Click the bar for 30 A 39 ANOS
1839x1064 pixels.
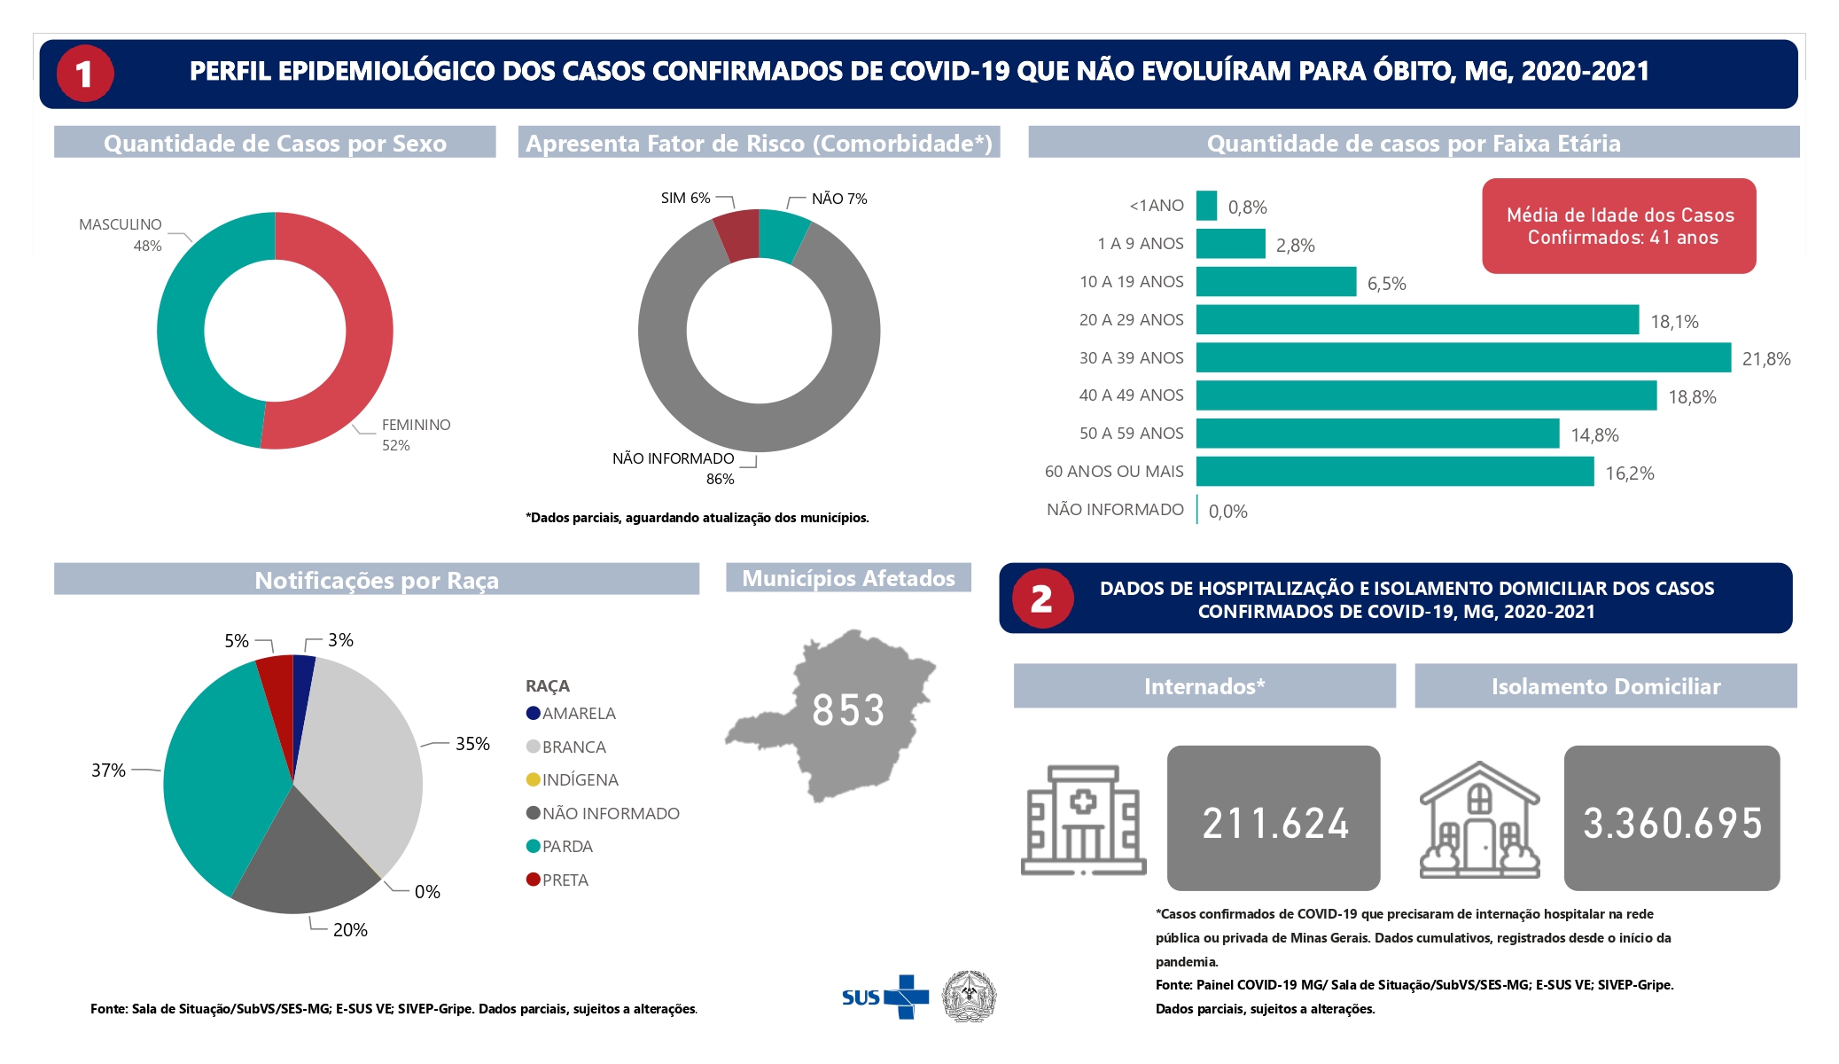click(x=1463, y=357)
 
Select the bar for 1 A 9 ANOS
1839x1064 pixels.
click(x=1231, y=244)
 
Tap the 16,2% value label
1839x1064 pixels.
click(x=1630, y=473)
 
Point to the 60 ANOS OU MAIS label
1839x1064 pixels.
click(x=1114, y=472)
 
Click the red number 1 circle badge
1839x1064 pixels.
click(x=85, y=74)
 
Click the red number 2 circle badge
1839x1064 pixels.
click(x=1042, y=598)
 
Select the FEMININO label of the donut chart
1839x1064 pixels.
click(x=416, y=434)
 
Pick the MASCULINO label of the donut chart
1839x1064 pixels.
click(x=121, y=235)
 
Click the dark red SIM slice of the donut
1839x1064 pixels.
click(x=737, y=236)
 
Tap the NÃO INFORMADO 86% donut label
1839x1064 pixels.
click(x=674, y=468)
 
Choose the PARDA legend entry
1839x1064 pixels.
click(x=559, y=847)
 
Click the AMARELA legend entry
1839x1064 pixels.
click(x=571, y=714)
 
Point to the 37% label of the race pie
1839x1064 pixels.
click(x=108, y=771)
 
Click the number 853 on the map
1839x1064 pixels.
click(x=848, y=710)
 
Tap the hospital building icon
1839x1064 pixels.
click(x=1083, y=820)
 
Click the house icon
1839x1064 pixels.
click(x=1480, y=820)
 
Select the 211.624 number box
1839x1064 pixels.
click(x=1274, y=818)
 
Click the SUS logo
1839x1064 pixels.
click(x=885, y=997)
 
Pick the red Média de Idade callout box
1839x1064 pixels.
click(x=1619, y=226)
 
